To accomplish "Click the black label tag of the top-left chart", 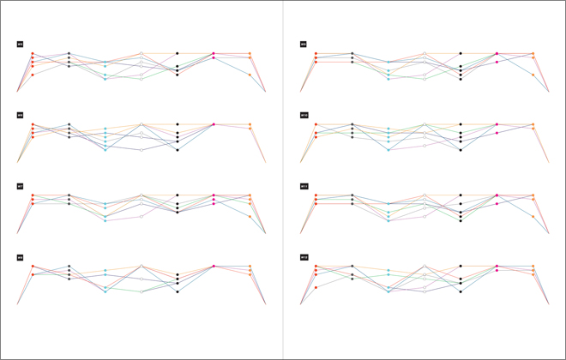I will pyautogui.click(x=20, y=44).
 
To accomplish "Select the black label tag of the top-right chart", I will pyautogui.click(x=304, y=44).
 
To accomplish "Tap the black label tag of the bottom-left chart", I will pyautogui.click(x=20, y=257).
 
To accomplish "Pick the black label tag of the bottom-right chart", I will pyautogui.click(x=304, y=257).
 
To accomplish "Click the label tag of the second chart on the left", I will pyautogui.click(x=20, y=115).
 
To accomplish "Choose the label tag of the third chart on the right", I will pyautogui.click(x=304, y=186).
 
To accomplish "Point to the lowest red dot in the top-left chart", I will pyautogui.click(x=33, y=75).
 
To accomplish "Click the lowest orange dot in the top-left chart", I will pyautogui.click(x=250, y=75).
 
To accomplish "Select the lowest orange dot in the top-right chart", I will pyautogui.click(x=533, y=75).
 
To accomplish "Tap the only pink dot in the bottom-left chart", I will pyautogui.click(x=214, y=266).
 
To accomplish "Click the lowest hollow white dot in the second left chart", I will pyautogui.click(x=141, y=150).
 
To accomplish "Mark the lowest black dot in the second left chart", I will pyautogui.click(x=178, y=150).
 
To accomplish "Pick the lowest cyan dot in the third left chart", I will pyautogui.click(x=105, y=220).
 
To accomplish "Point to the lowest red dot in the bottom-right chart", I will pyautogui.click(x=316, y=287).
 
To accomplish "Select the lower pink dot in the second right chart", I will pyautogui.click(x=497, y=133).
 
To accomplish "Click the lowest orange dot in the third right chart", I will pyautogui.click(x=533, y=217).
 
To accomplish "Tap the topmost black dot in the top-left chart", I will pyautogui.click(x=178, y=53).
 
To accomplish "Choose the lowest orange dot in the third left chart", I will pyautogui.click(x=250, y=217).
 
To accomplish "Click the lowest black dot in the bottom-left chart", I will pyautogui.click(x=178, y=291).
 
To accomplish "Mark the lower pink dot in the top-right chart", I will pyautogui.click(x=497, y=62).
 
